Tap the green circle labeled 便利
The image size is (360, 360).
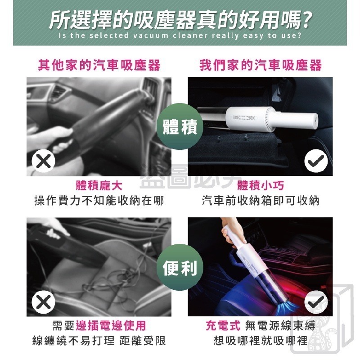(180, 269)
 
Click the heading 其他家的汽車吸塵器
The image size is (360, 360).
(99, 66)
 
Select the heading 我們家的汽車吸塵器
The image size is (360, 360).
(261, 66)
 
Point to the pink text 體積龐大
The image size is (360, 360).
(99, 186)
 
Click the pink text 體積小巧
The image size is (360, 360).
(261, 186)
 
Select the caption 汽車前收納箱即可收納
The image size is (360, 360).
(261, 201)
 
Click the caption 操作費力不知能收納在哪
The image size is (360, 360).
(99, 201)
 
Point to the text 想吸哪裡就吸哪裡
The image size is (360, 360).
(261, 341)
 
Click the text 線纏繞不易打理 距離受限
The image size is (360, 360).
(99, 341)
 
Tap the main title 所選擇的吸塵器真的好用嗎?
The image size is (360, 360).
(180, 19)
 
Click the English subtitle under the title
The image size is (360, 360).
(180, 36)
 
